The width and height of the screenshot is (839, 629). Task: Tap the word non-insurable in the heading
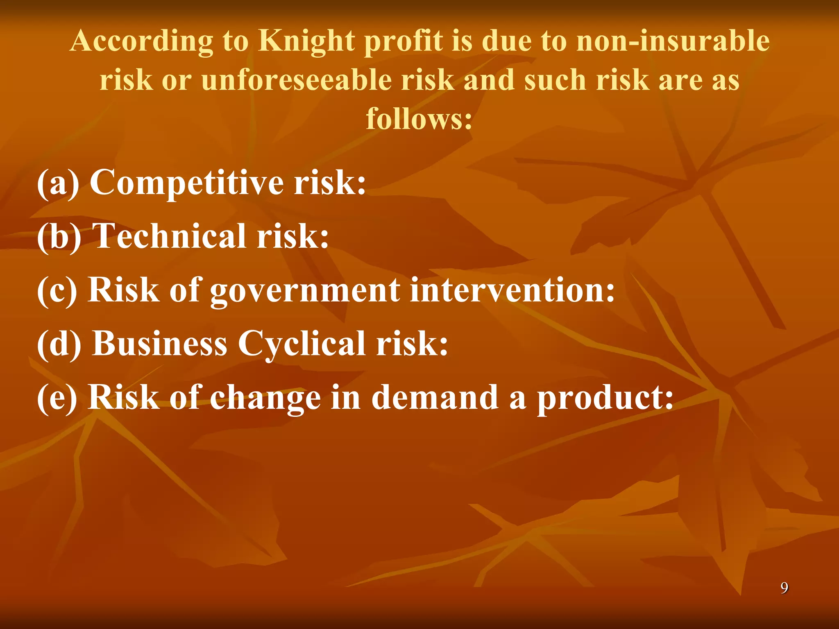click(x=673, y=41)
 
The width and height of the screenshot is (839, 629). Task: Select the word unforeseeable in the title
click(x=296, y=80)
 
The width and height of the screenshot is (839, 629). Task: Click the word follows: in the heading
click(x=419, y=119)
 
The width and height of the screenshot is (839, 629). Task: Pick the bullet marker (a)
click(x=58, y=183)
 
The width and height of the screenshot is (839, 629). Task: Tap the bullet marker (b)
click(x=59, y=236)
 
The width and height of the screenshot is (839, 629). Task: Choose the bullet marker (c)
click(x=57, y=290)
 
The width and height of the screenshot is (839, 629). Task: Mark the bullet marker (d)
click(x=59, y=344)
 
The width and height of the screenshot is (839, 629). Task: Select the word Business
click(x=160, y=344)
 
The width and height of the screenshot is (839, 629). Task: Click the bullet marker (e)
click(x=57, y=398)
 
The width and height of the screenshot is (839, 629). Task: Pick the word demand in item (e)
click(x=435, y=398)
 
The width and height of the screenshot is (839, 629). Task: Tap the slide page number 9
click(x=784, y=588)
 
